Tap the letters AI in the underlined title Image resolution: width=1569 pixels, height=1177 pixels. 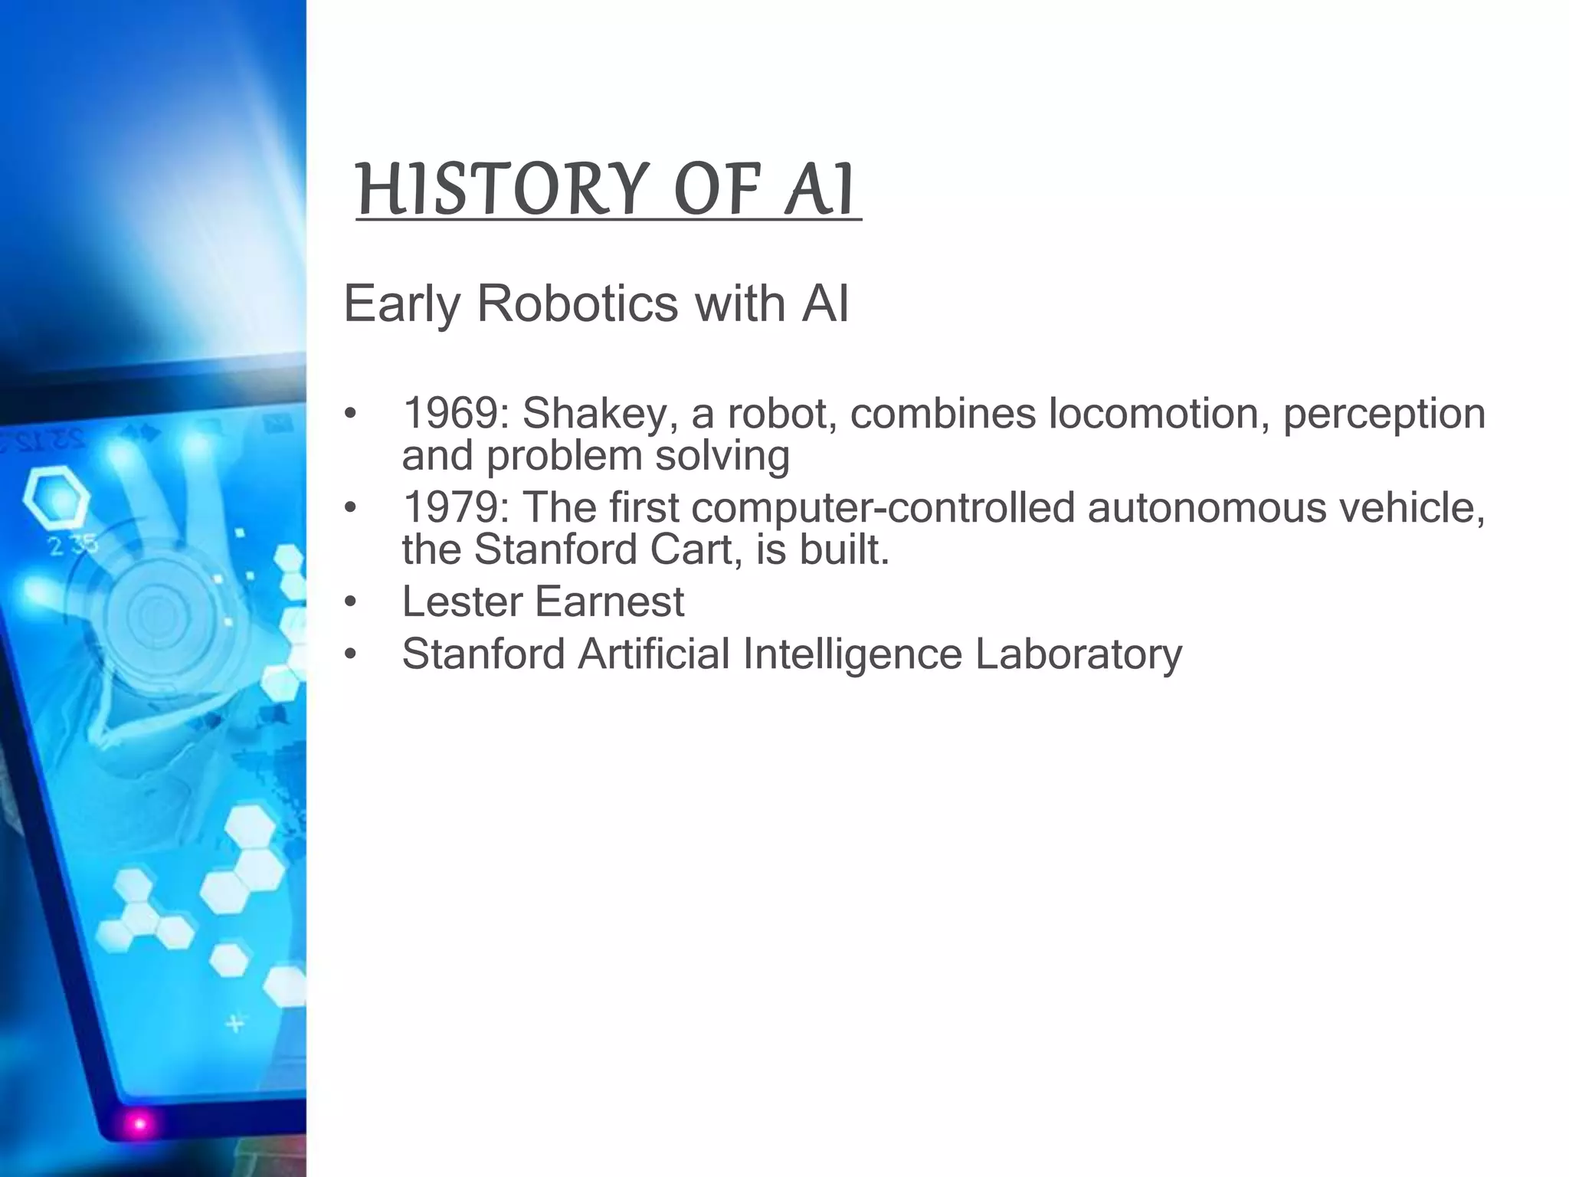click(x=818, y=189)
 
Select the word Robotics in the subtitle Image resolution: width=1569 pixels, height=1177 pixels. click(x=577, y=303)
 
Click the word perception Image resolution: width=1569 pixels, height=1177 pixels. click(x=1384, y=414)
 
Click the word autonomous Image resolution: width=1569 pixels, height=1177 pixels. click(x=1206, y=508)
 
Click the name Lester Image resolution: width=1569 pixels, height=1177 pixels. click(x=460, y=601)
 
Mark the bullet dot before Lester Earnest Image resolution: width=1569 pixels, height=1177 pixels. click(x=350, y=602)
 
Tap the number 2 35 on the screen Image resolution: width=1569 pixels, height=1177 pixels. click(x=74, y=545)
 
